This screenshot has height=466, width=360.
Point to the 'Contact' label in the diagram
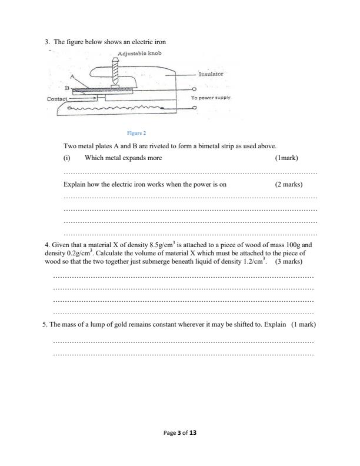click(57, 98)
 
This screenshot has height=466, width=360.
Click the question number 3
click(46, 42)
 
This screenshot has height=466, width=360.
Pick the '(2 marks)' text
click(288, 184)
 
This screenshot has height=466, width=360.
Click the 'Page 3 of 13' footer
click(180, 432)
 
